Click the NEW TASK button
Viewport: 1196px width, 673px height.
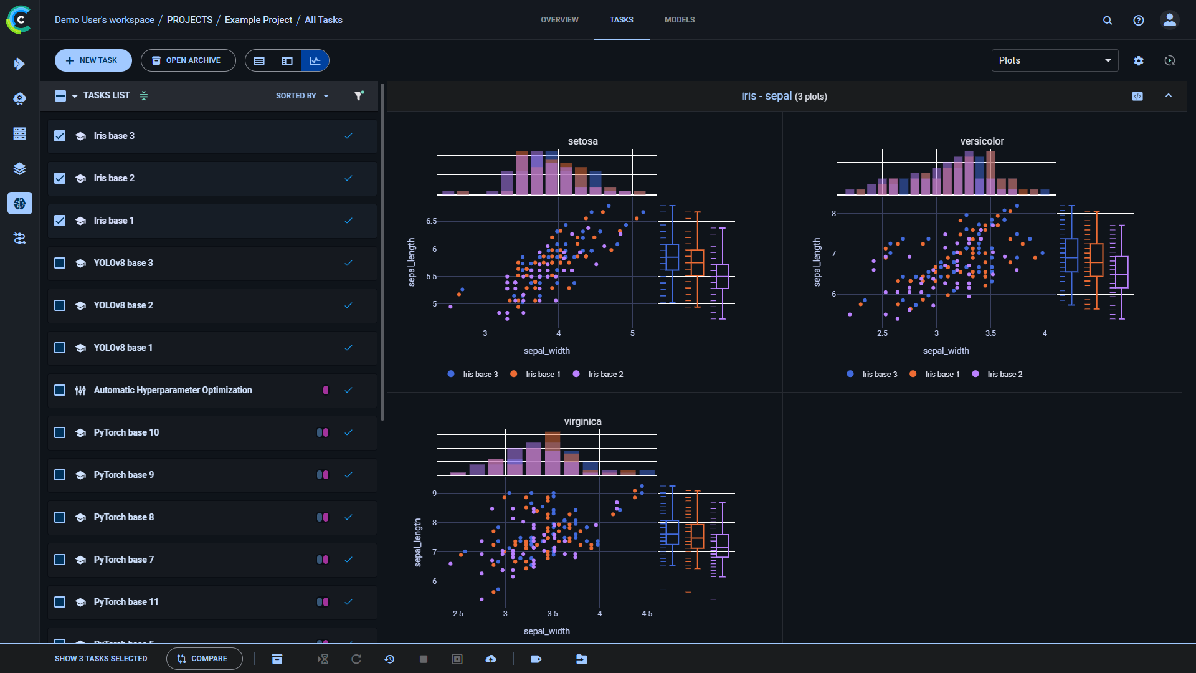[x=93, y=60]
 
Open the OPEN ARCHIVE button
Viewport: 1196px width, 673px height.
[x=187, y=60]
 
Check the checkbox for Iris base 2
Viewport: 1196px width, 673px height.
[x=60, y=178]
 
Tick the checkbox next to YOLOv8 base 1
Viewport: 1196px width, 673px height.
[x=60, y=348]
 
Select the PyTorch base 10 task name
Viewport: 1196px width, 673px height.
[x=126, y=432]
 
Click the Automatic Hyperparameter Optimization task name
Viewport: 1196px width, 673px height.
[x=173, y=390]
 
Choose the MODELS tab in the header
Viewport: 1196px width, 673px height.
[x=679, y=20]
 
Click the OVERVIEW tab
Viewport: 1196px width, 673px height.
[x=559, y=20]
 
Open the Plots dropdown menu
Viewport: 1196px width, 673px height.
[x=1054, y=60]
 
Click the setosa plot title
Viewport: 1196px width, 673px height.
[x=582, y=141]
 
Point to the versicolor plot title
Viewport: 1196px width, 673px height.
[x=982, y=141]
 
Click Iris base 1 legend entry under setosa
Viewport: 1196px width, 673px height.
[x=542, y=375]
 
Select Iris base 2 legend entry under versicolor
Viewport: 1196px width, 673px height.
[x=1004, y=375]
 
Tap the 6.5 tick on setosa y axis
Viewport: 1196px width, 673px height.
[x=431, y=221]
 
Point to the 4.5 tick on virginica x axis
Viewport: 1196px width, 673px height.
[x=647, y=614]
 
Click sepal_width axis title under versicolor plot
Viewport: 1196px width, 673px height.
[x=946, y=351]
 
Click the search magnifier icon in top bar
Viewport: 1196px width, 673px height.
[x=1107, y=20]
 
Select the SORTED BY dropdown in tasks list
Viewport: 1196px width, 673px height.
[x=301, y=96]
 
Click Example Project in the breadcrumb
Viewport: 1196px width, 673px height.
[x=258, y=20]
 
